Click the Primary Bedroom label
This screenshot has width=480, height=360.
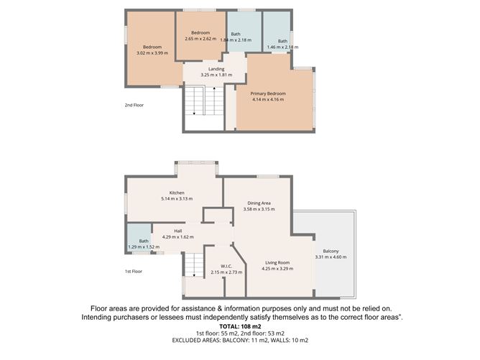pyautogui.click(x=267, y=93)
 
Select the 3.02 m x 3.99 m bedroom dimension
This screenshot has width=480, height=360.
pyautogui.click(x=152, y=52)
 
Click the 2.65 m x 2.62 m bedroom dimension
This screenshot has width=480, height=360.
pyautogui.click(x=200, y=38)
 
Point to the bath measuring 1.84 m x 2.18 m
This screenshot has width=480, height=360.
pyautogui.click(x=235, y=40)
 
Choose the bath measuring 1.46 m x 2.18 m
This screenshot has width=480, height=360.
pyautogui.click(x=282, y=47)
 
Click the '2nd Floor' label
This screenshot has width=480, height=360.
pyautogui.click(x=134, y=105)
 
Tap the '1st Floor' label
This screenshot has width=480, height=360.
pyautogui.click(x=134, y=272)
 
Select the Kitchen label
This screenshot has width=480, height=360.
pyautogui.click(x=177, y=193)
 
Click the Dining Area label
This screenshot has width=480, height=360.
pyautogui.click(x=259, y=203)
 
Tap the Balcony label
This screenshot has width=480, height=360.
pyautogui.click(x=331, y=251)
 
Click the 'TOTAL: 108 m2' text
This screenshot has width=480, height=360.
pyautogui.click(x=240, y=326)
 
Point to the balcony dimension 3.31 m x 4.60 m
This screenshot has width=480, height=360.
pyautogui.click(x=331, y=257)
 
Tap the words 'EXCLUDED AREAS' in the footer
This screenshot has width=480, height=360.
pyautogui.click(x=195, y=340)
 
